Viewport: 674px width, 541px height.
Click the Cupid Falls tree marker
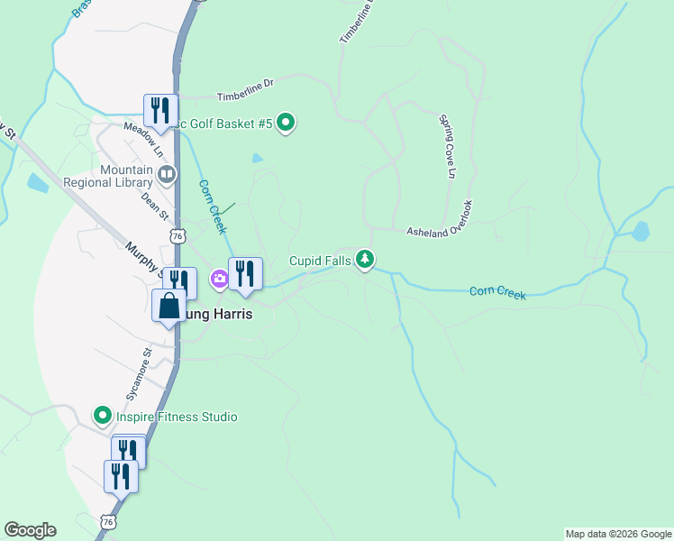click(365, 261)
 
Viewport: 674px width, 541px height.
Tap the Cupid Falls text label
click(321, 261)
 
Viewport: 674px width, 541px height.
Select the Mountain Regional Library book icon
click(166, 174)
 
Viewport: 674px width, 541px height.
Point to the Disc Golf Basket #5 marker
click(286, 123)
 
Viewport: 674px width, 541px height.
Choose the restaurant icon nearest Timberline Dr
click(160, 112)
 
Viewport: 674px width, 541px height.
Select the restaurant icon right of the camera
click(245, 275)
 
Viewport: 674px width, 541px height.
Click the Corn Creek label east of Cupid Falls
click(496, 292)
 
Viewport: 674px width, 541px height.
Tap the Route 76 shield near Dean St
click(178, 236)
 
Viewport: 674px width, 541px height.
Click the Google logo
click(30, 530)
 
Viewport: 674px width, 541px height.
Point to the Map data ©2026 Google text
click(618, 534)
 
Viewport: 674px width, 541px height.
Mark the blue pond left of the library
click(37, 184)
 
